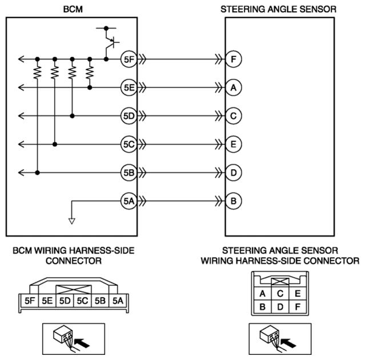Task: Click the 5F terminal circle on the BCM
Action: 129,59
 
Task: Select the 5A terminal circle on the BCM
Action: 129,201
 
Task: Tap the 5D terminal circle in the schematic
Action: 129,116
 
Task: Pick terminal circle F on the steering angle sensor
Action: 234,59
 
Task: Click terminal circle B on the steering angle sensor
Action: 234,201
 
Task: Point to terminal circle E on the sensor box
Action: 234,145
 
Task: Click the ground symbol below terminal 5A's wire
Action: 72,221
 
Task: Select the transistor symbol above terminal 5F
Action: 110,43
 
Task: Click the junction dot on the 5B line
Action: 37,173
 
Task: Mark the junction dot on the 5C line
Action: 55,145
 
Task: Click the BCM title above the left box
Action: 73,9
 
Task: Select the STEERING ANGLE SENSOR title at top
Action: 278,9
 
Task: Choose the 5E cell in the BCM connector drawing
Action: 47,301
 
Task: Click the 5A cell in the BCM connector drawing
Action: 118,301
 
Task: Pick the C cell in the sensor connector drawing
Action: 280,293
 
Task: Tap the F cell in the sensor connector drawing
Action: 298,307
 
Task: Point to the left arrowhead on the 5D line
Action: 21,116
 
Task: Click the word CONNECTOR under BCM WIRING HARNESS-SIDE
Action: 74,261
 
